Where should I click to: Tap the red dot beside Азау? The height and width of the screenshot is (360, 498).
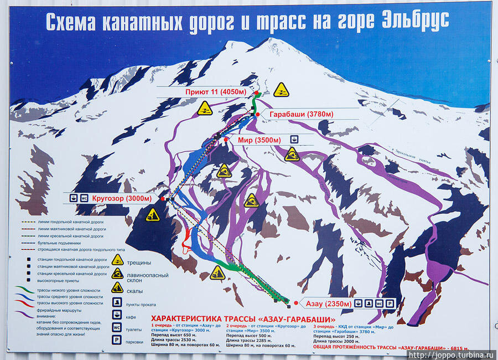[296, 303]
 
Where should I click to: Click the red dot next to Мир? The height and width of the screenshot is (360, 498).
[226, 140]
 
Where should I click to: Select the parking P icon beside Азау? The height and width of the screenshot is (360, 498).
[390, 304]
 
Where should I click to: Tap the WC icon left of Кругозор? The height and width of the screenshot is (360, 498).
[85, 198]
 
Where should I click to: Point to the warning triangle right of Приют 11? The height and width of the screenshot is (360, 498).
[282, 90]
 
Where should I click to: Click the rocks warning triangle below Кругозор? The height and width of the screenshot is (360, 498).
[152, 215]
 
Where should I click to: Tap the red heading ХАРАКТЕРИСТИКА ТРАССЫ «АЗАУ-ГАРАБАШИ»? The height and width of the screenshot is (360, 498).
[243, 319]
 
